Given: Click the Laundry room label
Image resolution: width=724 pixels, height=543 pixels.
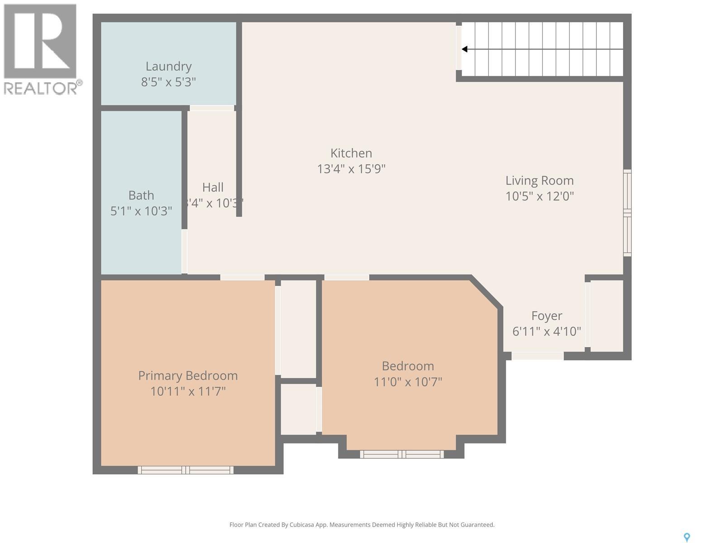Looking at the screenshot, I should tap(168, 66).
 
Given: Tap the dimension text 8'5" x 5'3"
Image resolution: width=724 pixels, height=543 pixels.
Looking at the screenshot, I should tap(168, 82).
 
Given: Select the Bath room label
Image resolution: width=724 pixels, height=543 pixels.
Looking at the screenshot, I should tap(141, 195).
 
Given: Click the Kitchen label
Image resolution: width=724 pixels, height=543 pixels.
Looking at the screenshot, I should tap(351, 153).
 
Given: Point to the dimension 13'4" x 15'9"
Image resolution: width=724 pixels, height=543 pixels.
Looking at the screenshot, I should tap(351, 169).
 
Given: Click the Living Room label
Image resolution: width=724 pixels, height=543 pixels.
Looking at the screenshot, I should tap(539, 181).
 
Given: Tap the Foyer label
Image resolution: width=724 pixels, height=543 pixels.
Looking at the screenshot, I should tap(547, 315).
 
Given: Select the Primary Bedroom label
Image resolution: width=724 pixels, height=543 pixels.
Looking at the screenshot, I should tap(188, 376).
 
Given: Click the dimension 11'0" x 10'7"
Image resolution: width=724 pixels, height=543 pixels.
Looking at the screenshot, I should tap(408, 382).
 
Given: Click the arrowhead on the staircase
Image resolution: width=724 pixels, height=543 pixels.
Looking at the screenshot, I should tap(465, 49).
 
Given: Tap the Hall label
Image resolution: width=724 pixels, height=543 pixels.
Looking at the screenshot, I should tap(213, 187).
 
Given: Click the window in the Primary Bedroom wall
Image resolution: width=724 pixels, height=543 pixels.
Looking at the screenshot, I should tap(186, 470).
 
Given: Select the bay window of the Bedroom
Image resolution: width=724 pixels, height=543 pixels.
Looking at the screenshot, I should tap(402, 454).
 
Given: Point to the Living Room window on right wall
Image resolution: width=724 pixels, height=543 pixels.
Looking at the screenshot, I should tap(627, 213).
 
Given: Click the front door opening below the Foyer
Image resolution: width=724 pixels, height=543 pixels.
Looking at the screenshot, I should tap(538, 356).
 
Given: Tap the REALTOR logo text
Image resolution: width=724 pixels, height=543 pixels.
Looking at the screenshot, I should tap(43, 88).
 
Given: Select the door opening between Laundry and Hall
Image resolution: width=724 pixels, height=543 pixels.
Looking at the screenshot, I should tap(212, 108).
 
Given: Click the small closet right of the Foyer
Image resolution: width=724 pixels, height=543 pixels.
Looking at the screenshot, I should tap(607, 315).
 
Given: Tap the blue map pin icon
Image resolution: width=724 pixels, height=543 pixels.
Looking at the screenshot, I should tap(686, 537).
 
